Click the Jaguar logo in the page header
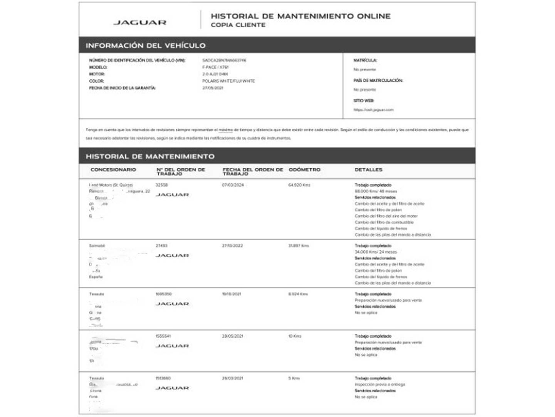pyautogui.click(x=140, y=22)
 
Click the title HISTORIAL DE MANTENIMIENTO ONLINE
pyautogui.click(x=300, y=16)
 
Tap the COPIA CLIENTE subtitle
pyautogui.click(x=238, y=25)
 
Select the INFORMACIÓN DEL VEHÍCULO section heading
pyautogui.click(x=145, y=46)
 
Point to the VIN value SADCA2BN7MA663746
pyautogui.click(x=224, y=60)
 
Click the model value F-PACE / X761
pyautogui.click(x=215, y=67)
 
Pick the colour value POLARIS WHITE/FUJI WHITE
pyautogui.click(x=228, y=81)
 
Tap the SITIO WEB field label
pyautogui.click(x=363, y=101)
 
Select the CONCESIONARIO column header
pyautogui.click(x=113, y=170)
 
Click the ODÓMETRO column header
pyautogui.click(x=304, y=170)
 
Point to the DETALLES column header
pyautogui.click(x=368, y=170)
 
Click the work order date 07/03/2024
pyautogui.click(x=233, y=185)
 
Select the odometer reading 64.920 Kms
pyautogui.click(x=299, y=185)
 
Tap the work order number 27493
pyautogui.click(x=161, y=246)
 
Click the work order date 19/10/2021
pyautogui.click(x=231, y=294)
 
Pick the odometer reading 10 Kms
pyautogui.click(x=294, y=336)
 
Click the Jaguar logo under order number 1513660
pyautogui.click(x=172, y=388)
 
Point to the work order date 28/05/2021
pyautogui.click(x=232, y=336)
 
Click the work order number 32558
pyautogui.click(x=161, y=185)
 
